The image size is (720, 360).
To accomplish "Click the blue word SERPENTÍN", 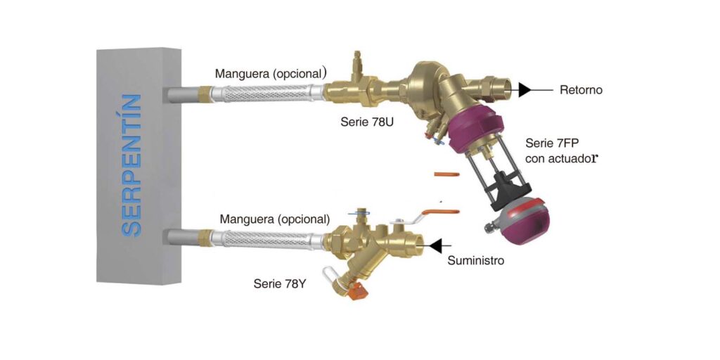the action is point(132,166).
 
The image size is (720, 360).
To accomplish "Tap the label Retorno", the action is point(581,91).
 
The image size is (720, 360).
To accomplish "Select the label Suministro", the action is point(476,261).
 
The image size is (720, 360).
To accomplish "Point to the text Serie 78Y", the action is point(280,284).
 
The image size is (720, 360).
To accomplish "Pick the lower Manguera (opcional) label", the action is point(275,219).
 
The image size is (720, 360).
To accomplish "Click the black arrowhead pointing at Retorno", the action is point(525,90).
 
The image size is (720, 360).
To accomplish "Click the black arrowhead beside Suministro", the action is point(435,246).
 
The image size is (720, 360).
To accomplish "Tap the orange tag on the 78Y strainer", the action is point(356,292).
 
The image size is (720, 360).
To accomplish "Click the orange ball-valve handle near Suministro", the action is point(440,212).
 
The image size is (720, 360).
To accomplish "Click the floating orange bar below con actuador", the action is point(446,174).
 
